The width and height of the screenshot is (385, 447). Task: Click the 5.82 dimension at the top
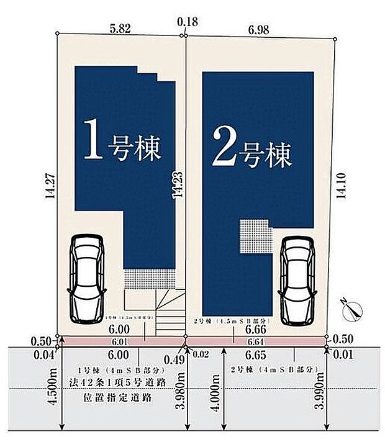pyautogui.click(x=120, y=28)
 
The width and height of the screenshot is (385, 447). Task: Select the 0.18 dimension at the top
pyautogui.click(x=187, y=22)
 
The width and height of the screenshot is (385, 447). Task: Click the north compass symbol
pyautogui.click(x=352, y=309)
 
